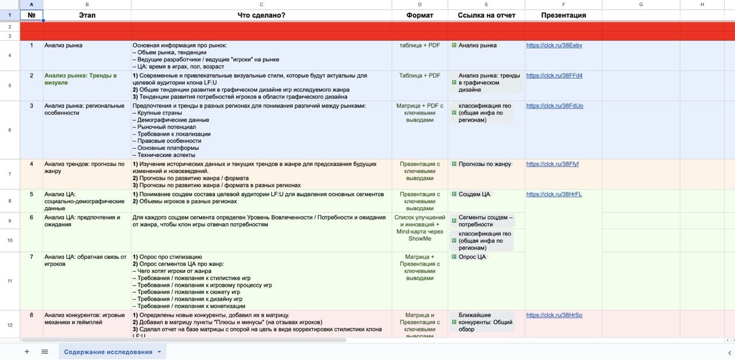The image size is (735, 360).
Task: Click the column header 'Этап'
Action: [x=87, y=16]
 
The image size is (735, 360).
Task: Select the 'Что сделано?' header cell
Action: [x=261, y=16]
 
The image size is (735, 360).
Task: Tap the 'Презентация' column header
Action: [x=563, y=16]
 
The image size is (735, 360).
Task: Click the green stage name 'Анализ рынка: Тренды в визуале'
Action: [x=80, y=79]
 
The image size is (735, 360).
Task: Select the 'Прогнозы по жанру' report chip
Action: [x=484, y=164]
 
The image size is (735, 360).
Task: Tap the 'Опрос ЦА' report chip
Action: [x=471, y=257]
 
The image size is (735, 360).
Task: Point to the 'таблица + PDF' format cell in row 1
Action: [x=420, y=45]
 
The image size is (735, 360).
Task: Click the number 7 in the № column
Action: [x=32, y=257]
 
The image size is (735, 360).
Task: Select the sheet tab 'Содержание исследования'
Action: [x=108, y=352]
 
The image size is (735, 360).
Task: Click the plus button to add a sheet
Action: [x=27, y=352]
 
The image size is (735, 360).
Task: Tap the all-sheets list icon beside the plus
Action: [x=45, y=352]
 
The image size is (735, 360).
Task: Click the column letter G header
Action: [x=640, y=4]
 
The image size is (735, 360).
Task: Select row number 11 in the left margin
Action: [x=10, y=281]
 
